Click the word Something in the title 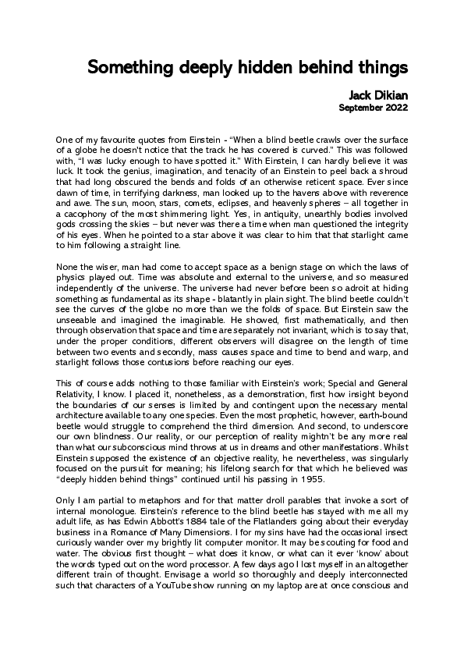pos(126,69)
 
